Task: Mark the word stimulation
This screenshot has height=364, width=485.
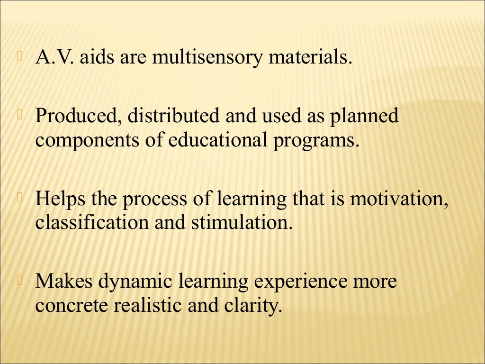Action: (240, 222)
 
